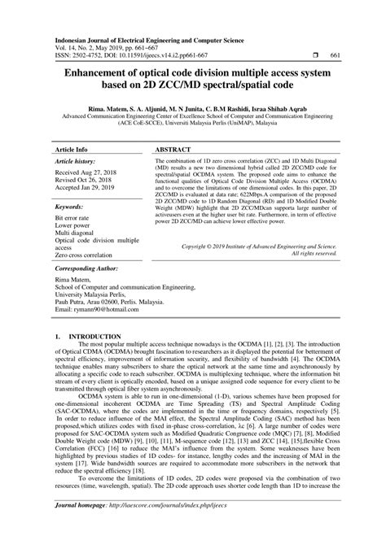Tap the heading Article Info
[x=72, y=150]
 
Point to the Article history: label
[x=77, y=163]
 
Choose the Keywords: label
[x=71, y=207]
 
